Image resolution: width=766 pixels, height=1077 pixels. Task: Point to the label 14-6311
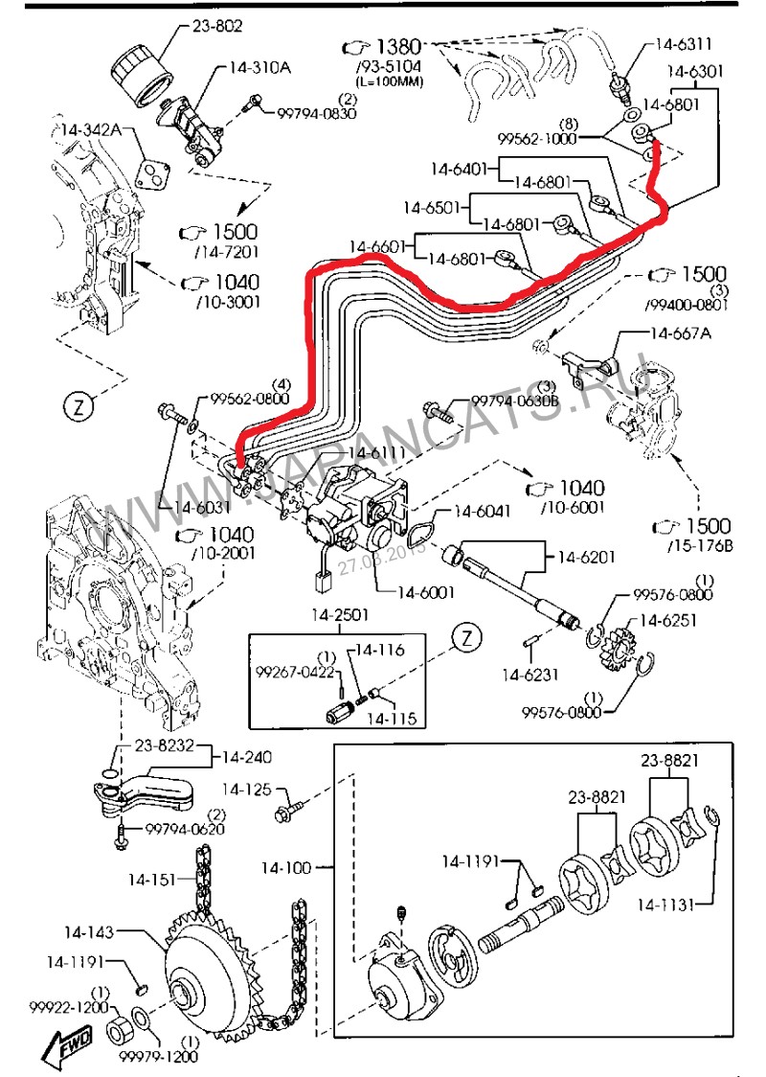[x=684, y=43]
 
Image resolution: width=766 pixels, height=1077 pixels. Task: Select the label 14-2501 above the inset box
[x=336, y=615]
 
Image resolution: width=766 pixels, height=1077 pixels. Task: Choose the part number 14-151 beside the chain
[x=152, y=878]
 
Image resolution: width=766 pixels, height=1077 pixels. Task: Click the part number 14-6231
[x=529, y=675]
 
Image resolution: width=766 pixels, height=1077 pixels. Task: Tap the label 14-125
[x=243, y=790]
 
